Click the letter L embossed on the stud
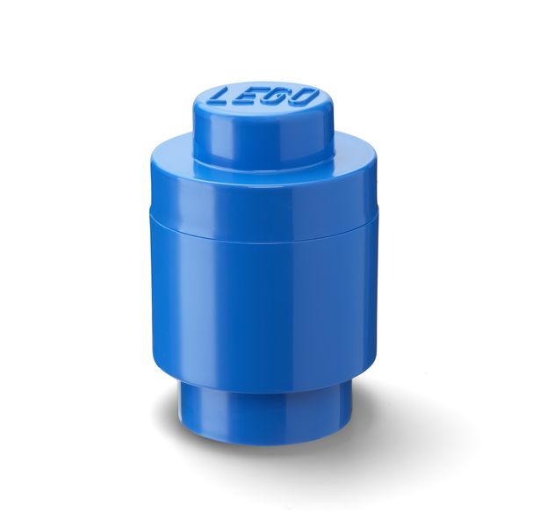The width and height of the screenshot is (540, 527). (223, 97)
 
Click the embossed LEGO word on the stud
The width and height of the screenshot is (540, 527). (263, 97)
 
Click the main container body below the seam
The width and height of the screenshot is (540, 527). (263, 310)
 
